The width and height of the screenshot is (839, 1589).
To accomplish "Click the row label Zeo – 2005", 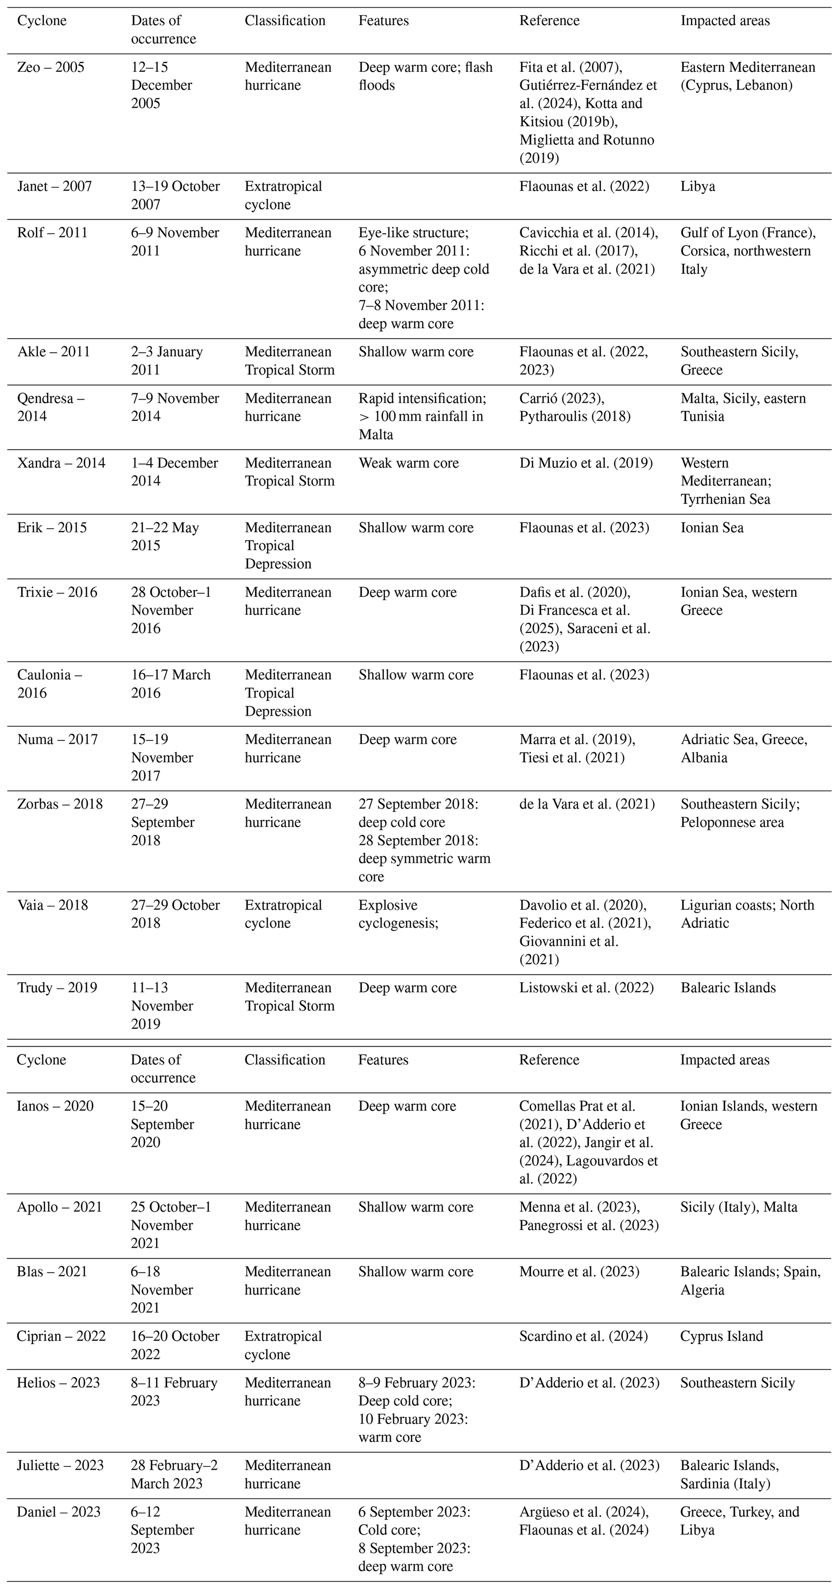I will (51, 67).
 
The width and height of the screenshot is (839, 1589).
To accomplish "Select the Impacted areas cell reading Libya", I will (698, 186).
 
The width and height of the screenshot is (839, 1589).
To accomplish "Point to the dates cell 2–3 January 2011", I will (166, 360).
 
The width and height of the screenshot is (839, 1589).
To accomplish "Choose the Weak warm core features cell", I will (408, 463).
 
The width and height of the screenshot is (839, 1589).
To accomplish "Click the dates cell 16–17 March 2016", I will (170, 683).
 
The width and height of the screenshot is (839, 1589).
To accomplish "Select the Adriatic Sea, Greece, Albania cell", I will (743, 748).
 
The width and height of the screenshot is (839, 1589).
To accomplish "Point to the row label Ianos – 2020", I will (55, 1106).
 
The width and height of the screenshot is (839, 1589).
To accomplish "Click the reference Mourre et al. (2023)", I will (579, 1272).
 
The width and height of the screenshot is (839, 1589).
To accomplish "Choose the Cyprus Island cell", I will (721, 1336).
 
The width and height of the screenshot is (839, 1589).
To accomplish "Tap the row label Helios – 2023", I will (58, 1382).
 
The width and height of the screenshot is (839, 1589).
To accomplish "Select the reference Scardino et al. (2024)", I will (583, 1336).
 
